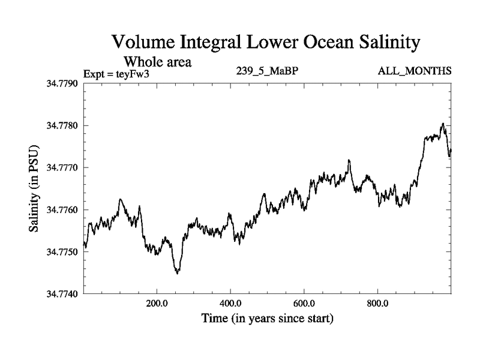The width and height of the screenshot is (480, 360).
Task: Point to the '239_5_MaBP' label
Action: point(268,71)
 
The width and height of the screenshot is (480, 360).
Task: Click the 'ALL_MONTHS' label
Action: point(415,71)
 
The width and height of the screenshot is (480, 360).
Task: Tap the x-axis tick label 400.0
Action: point(230,304)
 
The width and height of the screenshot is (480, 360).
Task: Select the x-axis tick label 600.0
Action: point(304,304)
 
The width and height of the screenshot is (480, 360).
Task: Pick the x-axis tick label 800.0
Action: point(378,304)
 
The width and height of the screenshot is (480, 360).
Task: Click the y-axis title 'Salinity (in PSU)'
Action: point(34,189)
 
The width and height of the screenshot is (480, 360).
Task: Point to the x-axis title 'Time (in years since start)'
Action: point(268,317)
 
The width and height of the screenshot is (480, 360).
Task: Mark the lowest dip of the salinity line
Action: point(177,273)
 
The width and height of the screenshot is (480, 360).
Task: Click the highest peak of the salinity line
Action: point(443,124)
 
